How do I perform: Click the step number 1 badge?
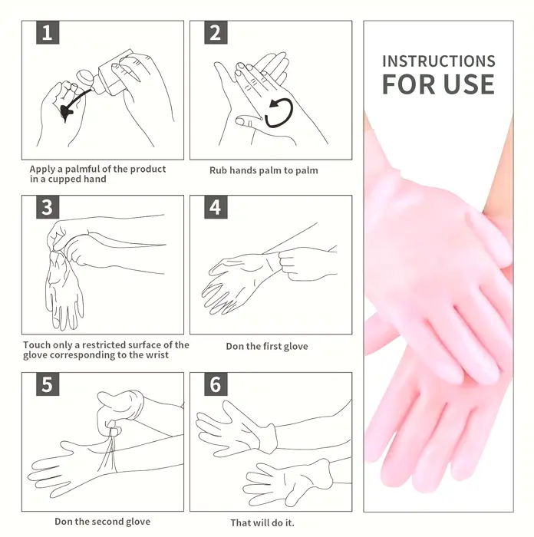point(48,33)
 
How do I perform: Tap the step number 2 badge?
point(216,33)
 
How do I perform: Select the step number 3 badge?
point(48,207)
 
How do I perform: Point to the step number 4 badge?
point(216,207)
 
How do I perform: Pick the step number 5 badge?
point(48,384)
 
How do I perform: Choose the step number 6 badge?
point(216,384)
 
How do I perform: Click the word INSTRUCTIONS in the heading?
point(439,61)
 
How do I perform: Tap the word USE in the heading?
point(470,84)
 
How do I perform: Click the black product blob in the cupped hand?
point(67,112)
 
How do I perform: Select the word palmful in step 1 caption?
point(82,170)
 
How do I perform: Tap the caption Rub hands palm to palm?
point(264,170)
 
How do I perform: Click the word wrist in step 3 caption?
point(157,355)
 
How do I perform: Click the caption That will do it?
point(262,523)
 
